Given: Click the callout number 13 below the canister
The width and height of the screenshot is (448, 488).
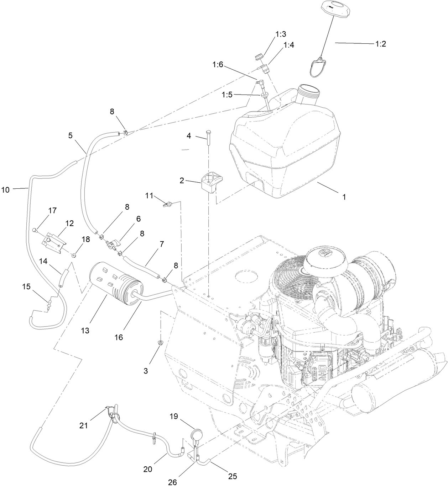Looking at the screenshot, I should pyautogui.click(x=85, y=331).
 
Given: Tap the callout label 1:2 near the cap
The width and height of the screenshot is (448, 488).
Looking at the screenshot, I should pyautogui.click(x=381, y=44).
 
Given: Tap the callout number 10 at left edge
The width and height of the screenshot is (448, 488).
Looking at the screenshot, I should pyautogui.click(x=5, y=190).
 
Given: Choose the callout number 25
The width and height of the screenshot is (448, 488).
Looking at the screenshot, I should pyautogui.click(x=233, y=476).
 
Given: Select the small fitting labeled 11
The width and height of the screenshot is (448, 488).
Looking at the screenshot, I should pyautogui.click(x=167, y=204).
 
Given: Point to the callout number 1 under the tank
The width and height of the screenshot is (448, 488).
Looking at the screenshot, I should pyautogui.click(x=344, y=197).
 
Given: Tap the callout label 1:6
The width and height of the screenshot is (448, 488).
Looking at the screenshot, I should pyautogui.click(x=218, y=64).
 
